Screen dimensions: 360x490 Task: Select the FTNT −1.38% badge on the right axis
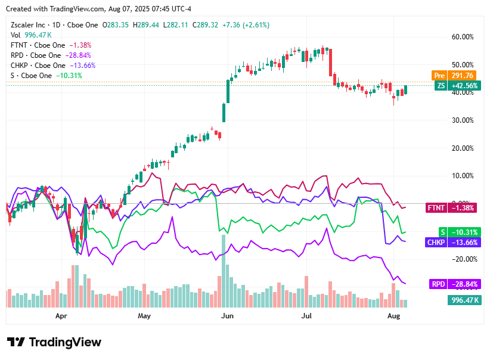tap(444, 208)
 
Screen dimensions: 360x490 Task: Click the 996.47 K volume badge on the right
tap(464, 300)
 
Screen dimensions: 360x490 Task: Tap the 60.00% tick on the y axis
tap(463, 36)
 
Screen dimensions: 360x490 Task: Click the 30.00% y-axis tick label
tap(463, 120)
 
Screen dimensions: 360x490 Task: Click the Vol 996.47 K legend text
tap(30, 35)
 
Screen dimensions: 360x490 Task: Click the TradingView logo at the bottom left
tap(54, 342)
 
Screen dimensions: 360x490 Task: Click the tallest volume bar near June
tap(224, 271)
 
